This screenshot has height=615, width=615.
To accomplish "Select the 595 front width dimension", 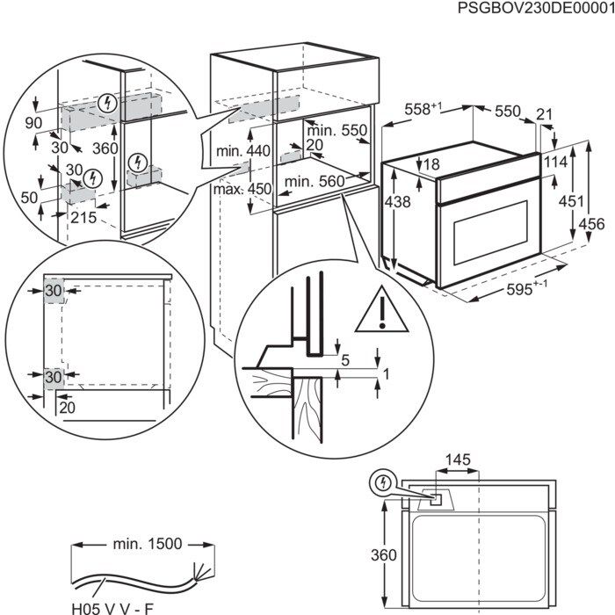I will click(528, 291).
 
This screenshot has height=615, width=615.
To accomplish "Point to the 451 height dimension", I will click(572, 201).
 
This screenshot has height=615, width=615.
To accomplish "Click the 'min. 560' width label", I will click(312, 182).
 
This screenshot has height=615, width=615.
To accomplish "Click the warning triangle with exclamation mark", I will click(383, 311).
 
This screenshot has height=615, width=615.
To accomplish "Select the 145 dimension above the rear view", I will click(458, 459).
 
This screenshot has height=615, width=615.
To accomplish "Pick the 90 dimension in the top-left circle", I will click(33, 121).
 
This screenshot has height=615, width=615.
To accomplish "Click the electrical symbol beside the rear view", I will click(382, 483).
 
